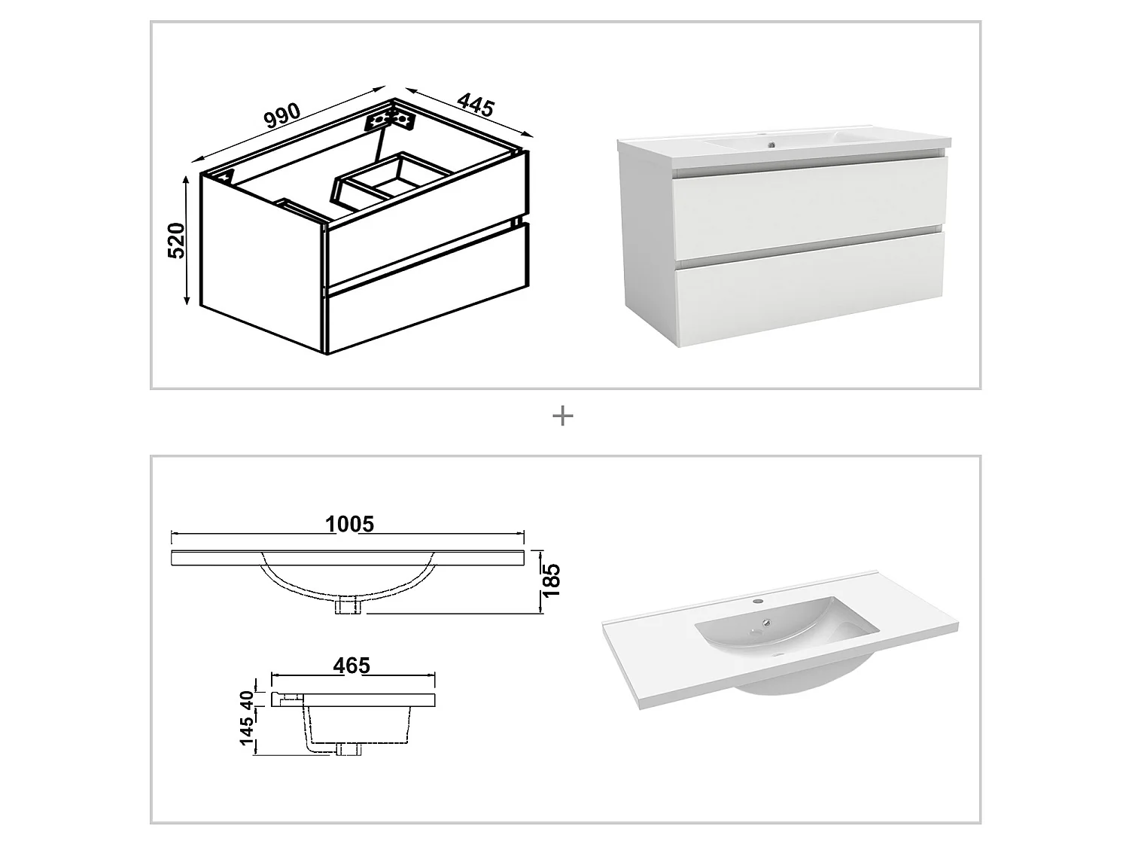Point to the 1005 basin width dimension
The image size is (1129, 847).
click(x=349, y=523)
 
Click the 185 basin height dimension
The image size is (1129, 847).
click(x=552, y=580)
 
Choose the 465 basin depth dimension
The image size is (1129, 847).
click(x=352, y=666)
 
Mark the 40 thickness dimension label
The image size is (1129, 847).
click(x=246, y=699)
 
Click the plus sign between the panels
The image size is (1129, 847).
click(x=563, y=416)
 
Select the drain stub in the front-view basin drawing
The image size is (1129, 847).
click(x=348, y=605)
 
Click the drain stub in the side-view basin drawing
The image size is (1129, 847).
click(x=348, y=748)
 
